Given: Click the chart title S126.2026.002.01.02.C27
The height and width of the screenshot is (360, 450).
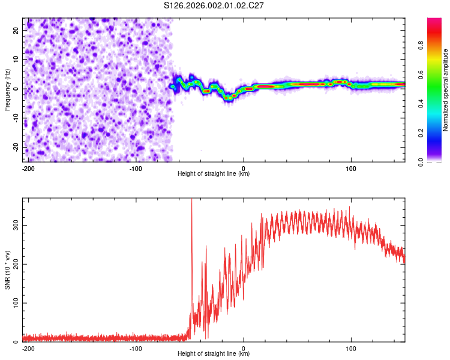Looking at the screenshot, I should pyautogui.click(x=214, y=6).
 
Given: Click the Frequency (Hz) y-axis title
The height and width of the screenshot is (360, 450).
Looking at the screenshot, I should pyautogui.click(x=7, y=90).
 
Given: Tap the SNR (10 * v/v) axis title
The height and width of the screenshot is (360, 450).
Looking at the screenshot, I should pyautogui.click(x=7, y=270).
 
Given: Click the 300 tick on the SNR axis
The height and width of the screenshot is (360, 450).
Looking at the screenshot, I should pyautogui.click(x=14, y=224).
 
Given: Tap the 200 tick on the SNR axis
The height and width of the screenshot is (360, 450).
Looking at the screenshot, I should pyautogui.click(x=14, y=264).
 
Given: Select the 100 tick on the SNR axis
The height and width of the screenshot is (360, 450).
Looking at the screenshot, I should pyautogui.click(x=14, y=303).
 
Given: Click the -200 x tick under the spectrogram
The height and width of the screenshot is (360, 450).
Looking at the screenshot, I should pyautogui.click(x=28, y=168).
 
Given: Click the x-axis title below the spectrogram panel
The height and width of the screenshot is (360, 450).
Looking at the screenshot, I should pyautogui.click(x=214, y=174).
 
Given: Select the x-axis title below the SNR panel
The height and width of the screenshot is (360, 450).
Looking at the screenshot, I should pyautogui.click(x=214, y=354).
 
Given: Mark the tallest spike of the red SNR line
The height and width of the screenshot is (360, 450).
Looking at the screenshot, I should pyautogui.click(x=191, y=200).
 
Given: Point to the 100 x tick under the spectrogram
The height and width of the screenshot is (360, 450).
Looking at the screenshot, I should pyautogui.click(x=351, y=168).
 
